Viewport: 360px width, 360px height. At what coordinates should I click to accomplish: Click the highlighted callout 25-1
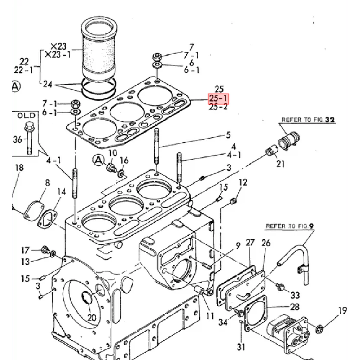point(218,98)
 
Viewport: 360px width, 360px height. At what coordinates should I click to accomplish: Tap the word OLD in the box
point(26,115)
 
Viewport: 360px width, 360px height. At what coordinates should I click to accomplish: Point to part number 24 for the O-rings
point(47,84)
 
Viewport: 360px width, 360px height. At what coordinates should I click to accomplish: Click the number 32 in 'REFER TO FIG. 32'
point(330,120)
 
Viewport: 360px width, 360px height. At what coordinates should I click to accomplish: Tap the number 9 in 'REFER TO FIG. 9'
point(311,226)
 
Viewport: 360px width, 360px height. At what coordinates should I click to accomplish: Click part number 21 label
point(280,164)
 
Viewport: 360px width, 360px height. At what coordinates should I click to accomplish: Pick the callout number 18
point(19,167)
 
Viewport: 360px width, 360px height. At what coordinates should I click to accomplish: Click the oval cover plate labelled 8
point(33,211)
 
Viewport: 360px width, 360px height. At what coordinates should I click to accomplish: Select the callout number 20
point(92,317)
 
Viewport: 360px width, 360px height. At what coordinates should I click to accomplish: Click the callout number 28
point(295,307)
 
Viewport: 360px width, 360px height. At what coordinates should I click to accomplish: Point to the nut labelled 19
point(319,329)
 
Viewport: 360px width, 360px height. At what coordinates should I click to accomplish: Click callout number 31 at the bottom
point(241,347)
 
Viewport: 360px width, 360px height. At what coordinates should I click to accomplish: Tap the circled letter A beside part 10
point(98,160)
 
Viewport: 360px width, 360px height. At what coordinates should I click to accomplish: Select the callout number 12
point(243,182)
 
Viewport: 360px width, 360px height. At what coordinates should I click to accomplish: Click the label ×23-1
point(58,54)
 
